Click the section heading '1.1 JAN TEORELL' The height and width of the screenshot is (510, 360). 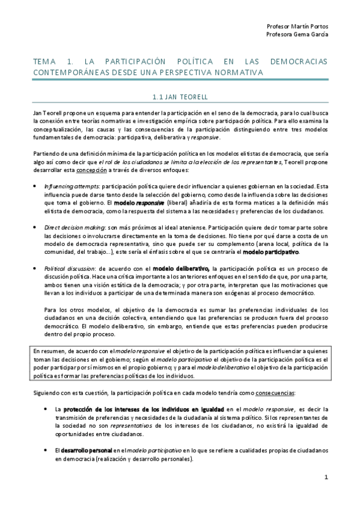180,96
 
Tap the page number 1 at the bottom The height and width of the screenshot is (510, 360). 325,478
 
